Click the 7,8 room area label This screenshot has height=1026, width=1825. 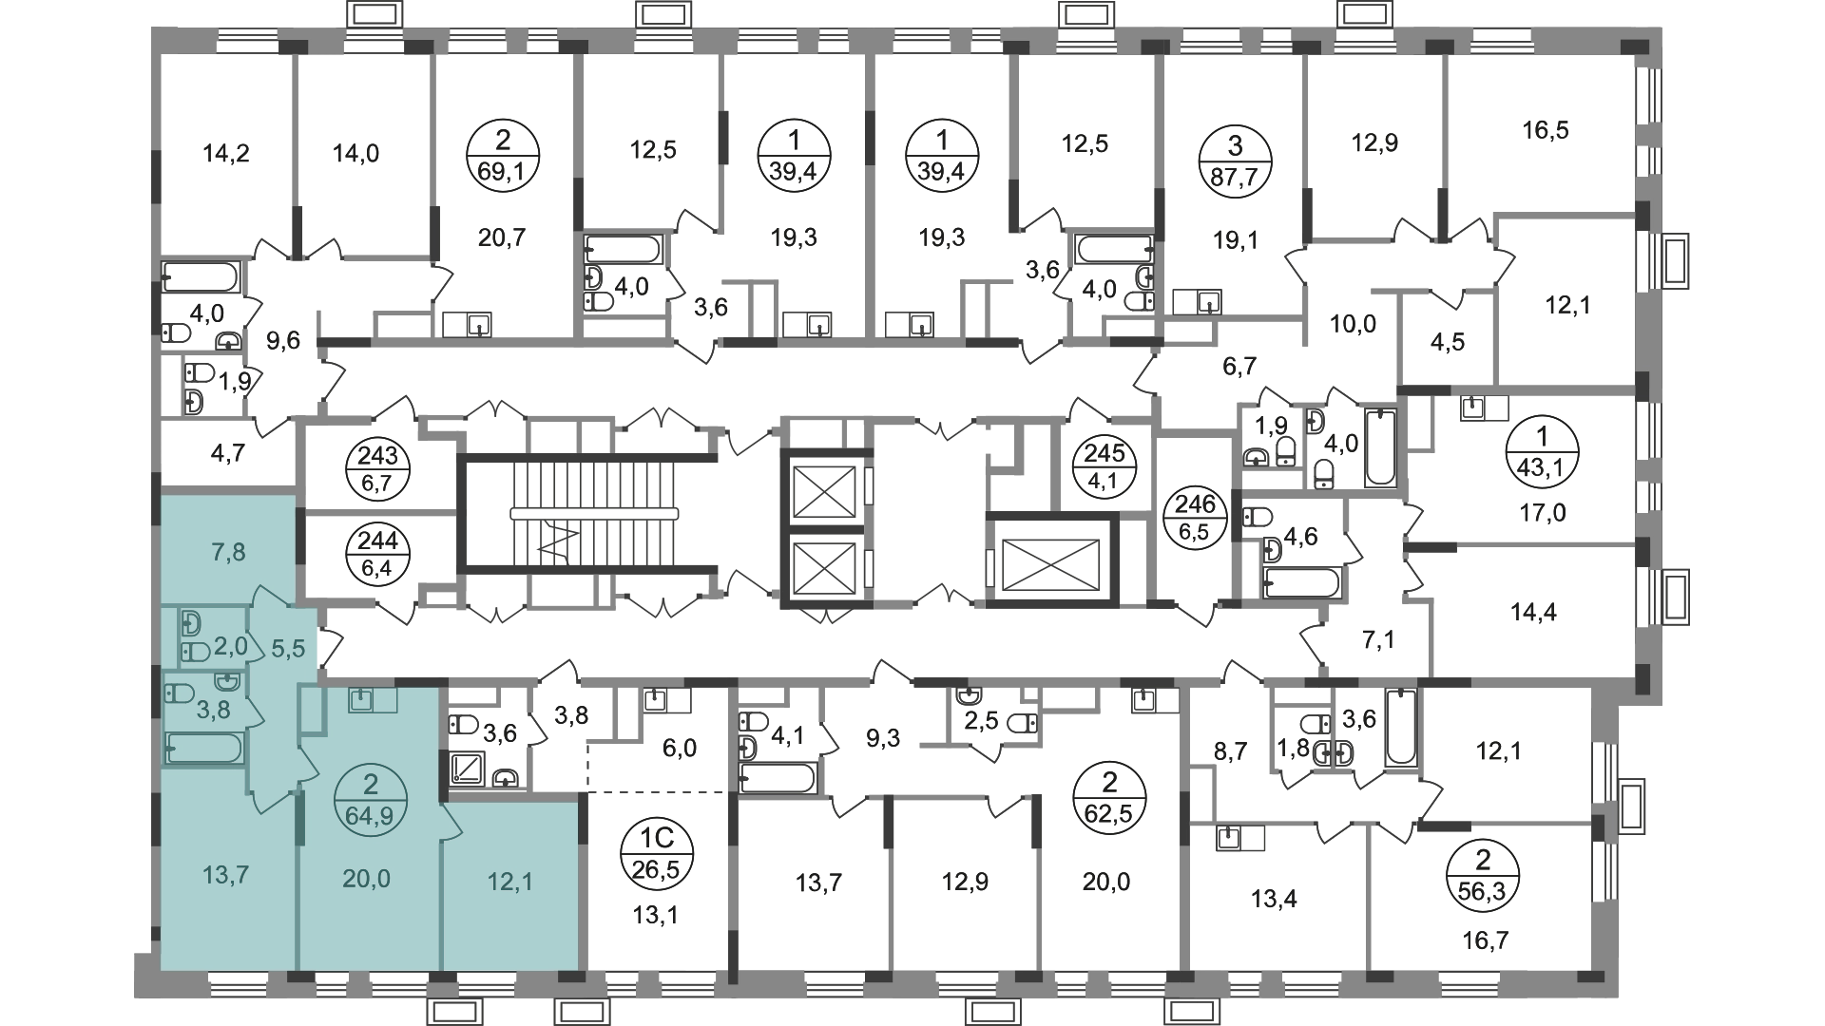(228, 552)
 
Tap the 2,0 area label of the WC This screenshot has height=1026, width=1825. (230, 647)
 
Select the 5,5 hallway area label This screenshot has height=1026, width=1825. (288, 648)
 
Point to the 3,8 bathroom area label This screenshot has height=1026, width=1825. (213, 710)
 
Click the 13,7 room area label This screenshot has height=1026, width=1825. (226, 874)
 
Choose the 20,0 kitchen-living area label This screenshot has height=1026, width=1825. (366, 879)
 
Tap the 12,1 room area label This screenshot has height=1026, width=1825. (509, 882)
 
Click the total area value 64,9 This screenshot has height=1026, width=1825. (371, 814)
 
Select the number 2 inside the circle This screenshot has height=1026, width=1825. (371, 785)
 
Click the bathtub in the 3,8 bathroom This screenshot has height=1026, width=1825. (204, 749)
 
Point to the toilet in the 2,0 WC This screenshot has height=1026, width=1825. (195, 652)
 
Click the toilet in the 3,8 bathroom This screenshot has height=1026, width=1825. (179, 692)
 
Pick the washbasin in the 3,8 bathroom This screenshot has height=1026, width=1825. (228, 681)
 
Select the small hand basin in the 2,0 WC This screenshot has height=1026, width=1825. (193, 624)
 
